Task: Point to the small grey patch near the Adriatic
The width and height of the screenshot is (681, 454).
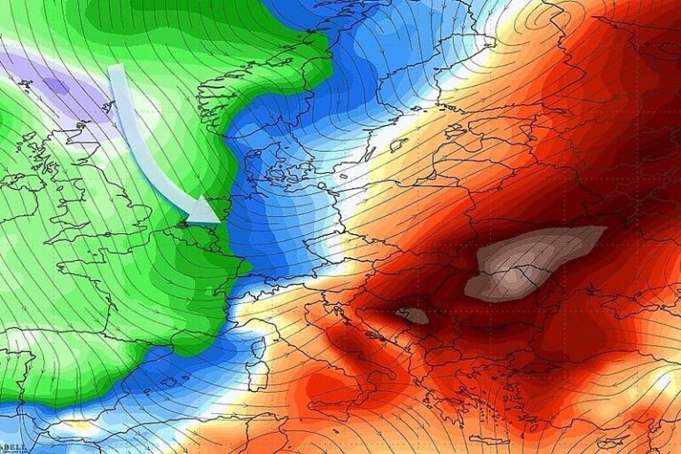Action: pos(412,315)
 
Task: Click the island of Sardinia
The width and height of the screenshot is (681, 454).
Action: pos(257,377)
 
